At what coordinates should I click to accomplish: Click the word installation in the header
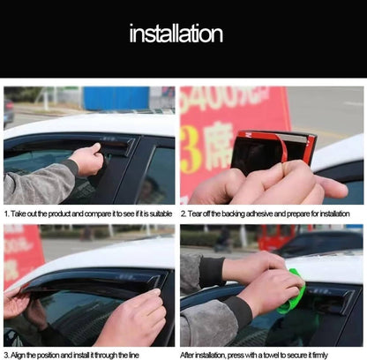click(x=176, y=34)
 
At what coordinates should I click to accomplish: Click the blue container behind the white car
click(x=116, y=98)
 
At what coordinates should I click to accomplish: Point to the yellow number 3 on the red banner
click(x=191, y=149)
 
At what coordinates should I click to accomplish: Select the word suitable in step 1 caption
click(x=161, y=214)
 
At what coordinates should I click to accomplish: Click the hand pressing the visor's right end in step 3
click(x=131, y=318)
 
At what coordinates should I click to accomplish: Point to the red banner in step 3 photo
click(x=22, y=256)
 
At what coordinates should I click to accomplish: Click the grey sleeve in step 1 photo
click(x=38, y=183)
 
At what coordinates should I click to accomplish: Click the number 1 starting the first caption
click(x=6, y=214)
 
